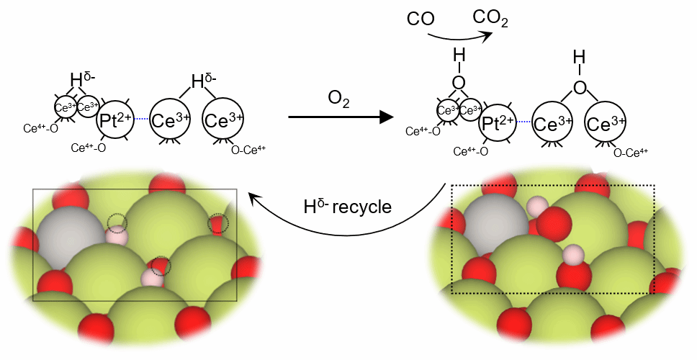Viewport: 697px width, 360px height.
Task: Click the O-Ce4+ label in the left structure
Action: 248,150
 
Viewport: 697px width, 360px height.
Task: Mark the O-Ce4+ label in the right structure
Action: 631,151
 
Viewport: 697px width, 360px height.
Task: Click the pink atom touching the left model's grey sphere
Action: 117,235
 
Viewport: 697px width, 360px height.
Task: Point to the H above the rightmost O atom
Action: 577,56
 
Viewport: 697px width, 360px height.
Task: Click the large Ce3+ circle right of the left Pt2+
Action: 171,122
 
